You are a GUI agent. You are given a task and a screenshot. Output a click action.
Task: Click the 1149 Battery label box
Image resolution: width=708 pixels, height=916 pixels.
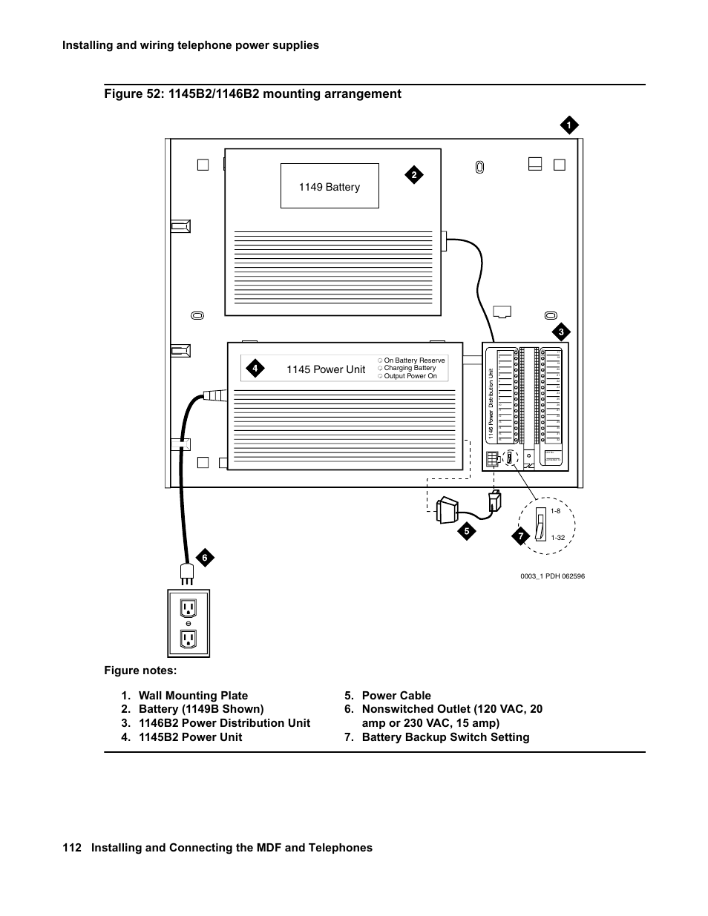(330, 186)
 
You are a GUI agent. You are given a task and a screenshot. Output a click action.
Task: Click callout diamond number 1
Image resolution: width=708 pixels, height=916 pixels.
(568, 126)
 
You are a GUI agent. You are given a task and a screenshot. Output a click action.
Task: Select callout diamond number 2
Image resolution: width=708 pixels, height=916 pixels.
(414, 175)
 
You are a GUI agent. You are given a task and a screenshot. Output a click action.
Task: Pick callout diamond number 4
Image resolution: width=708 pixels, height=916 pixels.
(255, 368)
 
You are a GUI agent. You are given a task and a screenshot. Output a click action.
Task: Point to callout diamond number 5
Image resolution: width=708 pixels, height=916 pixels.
(466, 530)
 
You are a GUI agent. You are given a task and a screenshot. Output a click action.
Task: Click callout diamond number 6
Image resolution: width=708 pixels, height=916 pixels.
(204, 557)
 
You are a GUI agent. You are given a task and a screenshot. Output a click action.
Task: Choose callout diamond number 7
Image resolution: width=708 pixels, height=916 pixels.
(521, 536)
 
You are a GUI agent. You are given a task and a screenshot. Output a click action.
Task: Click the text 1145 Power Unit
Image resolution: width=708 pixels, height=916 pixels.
(326, 369)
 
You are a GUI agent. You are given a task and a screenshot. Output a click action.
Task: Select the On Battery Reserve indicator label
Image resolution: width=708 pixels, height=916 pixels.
(414, 360)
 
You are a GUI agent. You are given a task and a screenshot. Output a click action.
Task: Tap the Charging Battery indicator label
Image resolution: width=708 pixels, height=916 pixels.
(410, 368)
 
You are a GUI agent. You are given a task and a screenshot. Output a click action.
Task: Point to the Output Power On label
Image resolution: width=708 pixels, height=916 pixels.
(410, 376)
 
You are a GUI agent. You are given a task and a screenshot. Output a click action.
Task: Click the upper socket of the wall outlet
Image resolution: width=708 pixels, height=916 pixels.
(189, 608)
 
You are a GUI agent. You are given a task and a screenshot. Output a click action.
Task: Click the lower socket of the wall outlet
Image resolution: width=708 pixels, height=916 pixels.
(189, 639)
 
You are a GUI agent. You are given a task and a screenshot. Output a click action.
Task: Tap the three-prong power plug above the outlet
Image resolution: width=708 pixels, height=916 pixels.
(187, 573)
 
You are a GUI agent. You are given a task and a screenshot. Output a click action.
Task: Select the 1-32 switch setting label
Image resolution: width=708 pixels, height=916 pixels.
(558, 538)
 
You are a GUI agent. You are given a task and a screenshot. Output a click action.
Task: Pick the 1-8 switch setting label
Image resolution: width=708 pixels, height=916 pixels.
(555, 511)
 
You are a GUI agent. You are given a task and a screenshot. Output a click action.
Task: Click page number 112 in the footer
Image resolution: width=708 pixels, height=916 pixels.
(71, 848)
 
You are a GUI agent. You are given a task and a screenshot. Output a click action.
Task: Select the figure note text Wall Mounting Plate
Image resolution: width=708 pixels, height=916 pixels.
(193, 696)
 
